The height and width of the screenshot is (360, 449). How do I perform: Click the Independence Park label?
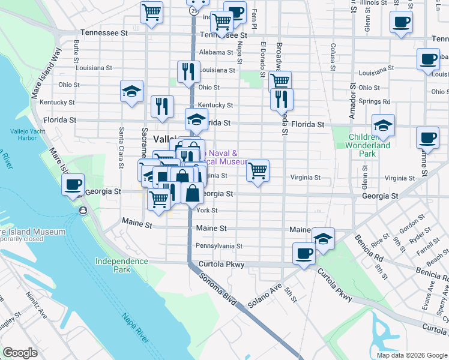click(x=121, y=265)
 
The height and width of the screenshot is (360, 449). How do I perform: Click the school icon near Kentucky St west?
click(x=131, y=91)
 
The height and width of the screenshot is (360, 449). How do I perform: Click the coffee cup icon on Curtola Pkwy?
click(x=304, y=253)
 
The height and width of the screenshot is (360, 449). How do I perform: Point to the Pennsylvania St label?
click(x=218, y=246)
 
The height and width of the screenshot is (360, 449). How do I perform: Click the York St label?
click(x=207, y=211)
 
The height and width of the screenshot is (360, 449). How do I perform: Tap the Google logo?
click(x=20, y=353)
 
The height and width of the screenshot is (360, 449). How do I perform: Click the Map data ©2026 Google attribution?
click(x=412, y=355)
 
